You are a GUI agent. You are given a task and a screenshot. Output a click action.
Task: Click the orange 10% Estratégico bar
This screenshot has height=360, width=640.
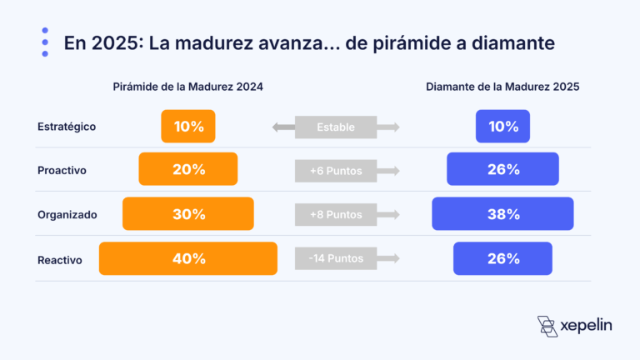click(188, 127)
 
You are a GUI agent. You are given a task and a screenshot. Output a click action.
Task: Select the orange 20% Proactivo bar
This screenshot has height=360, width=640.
click(188, 169)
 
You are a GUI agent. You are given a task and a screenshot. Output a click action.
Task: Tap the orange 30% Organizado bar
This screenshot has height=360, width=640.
click(188, 214)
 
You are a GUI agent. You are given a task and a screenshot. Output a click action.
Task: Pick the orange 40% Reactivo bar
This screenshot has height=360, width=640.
click(188, 258)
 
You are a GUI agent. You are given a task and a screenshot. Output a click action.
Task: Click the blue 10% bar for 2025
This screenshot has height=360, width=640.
click(502, 127)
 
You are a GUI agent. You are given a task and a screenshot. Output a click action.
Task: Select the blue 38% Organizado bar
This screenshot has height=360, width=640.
click(502, 214)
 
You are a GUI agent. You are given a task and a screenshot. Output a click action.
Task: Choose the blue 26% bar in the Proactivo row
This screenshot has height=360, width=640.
click(502, 169)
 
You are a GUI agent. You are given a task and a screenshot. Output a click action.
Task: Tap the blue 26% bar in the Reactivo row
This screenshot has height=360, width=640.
click(502, 258)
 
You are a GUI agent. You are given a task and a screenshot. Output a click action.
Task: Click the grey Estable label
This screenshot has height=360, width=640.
click(336, 127)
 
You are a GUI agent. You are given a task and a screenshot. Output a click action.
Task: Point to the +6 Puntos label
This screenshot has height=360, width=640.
click(336, 170)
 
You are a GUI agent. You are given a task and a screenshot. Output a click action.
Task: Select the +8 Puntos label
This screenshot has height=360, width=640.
click(336, 214)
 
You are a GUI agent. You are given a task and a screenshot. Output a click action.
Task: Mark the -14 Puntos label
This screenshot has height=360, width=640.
click(336, 258)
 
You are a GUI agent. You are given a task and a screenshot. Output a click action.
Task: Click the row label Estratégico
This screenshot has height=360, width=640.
click(67, 127)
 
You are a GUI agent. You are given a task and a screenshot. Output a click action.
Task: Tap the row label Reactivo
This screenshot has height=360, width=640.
click(60, 259)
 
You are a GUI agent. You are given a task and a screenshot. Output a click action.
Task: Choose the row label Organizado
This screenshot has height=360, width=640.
click(67, 214)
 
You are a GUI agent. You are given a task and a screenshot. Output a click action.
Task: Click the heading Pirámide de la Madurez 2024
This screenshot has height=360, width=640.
click(188, 87)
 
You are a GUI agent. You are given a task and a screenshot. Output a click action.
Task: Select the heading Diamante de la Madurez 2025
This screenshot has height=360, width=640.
click(502, 87)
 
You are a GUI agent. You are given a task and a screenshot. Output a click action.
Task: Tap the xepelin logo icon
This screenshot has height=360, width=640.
click(547, 326)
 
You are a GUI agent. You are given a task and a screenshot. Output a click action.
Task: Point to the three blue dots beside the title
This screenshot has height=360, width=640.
click(45, 42)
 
